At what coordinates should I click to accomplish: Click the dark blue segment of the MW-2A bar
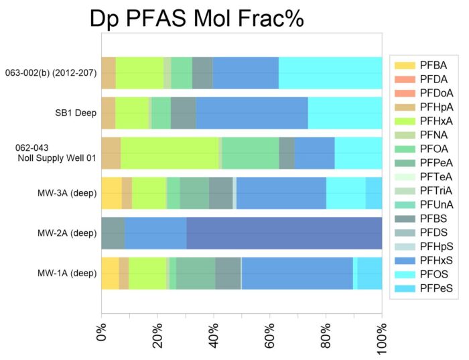coord(284,233)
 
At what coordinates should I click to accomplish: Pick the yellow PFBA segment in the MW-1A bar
coord(110,273)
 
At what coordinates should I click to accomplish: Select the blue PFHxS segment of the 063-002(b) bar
coord(245,72)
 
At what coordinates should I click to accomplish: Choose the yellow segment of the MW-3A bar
coord(111,193)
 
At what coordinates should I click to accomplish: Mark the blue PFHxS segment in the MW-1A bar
coord(297,273)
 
